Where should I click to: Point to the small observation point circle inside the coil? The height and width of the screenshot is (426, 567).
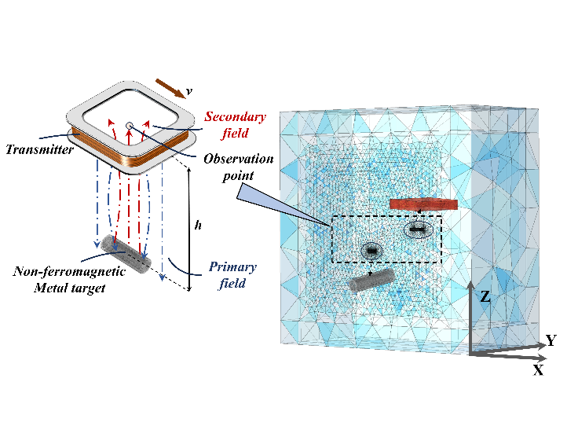point(129,125)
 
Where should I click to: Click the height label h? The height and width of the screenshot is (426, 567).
point(197,225)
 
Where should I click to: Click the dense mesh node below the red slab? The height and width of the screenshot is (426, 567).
point(418,230)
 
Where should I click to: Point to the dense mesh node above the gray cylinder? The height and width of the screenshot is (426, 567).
point(371,251)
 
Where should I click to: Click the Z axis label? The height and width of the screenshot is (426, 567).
point(486,297)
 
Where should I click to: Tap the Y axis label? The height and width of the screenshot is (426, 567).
point(551,340)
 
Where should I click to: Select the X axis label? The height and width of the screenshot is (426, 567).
point(538,369)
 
